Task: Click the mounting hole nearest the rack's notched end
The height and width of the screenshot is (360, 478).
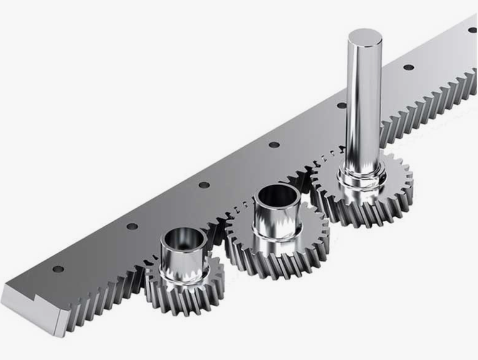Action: (x=58, y=269)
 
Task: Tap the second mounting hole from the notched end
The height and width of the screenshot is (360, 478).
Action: (x=132, y=226)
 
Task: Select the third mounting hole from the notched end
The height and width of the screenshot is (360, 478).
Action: (x=204, y=185)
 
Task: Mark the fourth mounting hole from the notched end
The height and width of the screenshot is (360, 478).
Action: (x=273, y=145)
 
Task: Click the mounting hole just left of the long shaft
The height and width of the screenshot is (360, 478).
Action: (x=342, y=105)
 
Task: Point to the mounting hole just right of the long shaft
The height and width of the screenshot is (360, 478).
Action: (x=408, y=67)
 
